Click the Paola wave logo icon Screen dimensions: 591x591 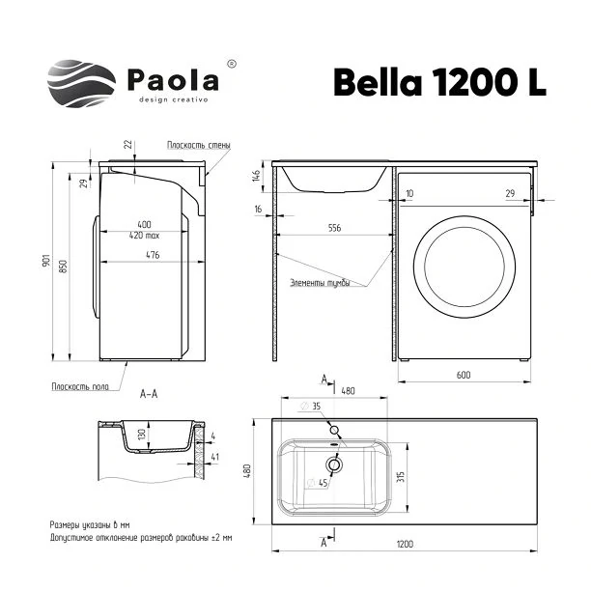(81, 83)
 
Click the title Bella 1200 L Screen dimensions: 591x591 (439, 82)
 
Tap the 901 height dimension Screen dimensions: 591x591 (46, 261)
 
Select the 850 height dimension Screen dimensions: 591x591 (64, 267)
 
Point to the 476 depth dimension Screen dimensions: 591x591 (153, 255)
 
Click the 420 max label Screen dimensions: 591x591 (144, 236)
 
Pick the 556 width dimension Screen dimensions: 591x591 (334, 228)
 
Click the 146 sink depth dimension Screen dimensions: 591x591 (256, 176)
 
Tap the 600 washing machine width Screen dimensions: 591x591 (464, 375)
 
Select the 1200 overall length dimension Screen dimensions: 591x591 (405, 544)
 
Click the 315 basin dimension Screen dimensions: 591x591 (401, 476)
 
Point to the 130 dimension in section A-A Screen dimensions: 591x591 (142, 436)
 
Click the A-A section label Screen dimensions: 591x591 (149, 394)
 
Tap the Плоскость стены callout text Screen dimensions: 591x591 (199, 145)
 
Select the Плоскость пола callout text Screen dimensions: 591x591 (80, 386)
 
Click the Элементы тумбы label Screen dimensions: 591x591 (320, 283)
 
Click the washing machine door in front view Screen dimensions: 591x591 (464, 267)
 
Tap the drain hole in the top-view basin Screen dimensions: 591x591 (334, 464)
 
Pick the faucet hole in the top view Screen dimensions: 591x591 (334, 430)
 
